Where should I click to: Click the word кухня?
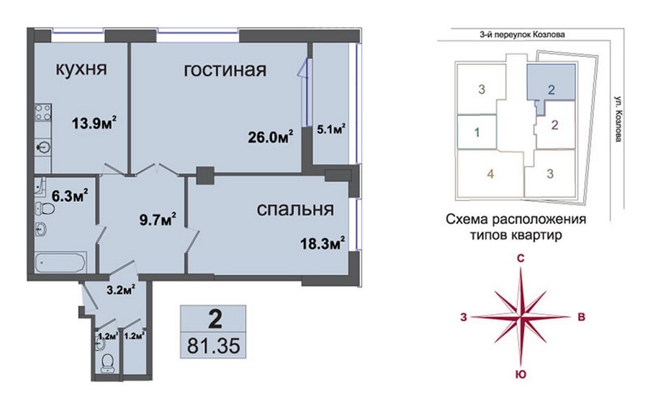tap(81, 69)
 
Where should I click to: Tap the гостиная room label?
tap(225, 70)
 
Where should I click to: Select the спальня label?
tap(295, 209)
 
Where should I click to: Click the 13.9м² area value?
tap(94, 122)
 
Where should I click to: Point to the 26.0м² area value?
tap(271, 136)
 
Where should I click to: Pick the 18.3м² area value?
tap(323, 243)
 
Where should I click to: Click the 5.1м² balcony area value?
tap(331, 130)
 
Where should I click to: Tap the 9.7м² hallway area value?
tap(158, 220)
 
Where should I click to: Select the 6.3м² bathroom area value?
tap(69, 195)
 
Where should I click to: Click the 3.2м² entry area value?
tap(122, 289)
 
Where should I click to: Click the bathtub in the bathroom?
tap(60, 263)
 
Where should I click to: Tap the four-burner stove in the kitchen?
tap(43, 112)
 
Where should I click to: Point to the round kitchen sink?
tap(43, 147)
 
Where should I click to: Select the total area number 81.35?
tap(213, 346)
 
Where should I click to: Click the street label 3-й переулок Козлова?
tap(522, 35)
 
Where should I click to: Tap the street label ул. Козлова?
tap(618, 119)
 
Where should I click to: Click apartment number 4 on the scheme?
tap(490, 174)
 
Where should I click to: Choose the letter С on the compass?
tap(521, 258)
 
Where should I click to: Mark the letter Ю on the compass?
tap(521, 374)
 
